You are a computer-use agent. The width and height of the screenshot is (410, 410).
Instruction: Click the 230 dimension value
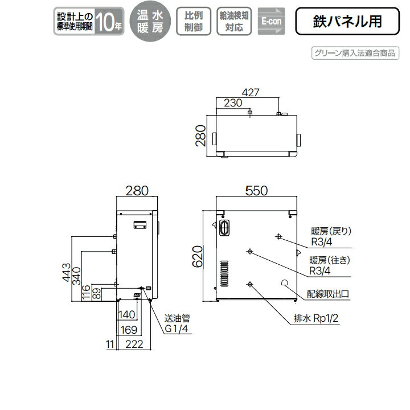pyautogui.click(x=233, y=103)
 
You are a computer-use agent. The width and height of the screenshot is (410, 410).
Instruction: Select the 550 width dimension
pyautogui.click(x=256, y=192)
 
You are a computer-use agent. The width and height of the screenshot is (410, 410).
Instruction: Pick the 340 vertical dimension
pyautogui.click(x=78, y=276)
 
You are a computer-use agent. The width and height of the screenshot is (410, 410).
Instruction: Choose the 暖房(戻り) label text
pyautogui.click(x=333, y=231)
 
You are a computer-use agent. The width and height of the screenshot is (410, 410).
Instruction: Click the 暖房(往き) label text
pyautogui.click(x=332, y=261)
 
